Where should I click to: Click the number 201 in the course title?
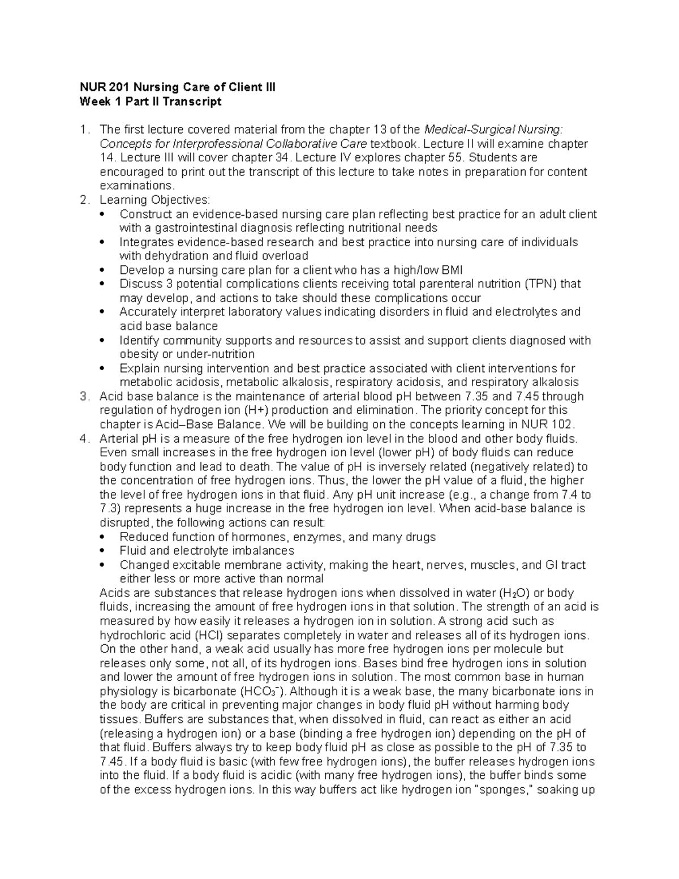pos(114,87)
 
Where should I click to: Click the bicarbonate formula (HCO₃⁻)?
pos(263,691)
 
